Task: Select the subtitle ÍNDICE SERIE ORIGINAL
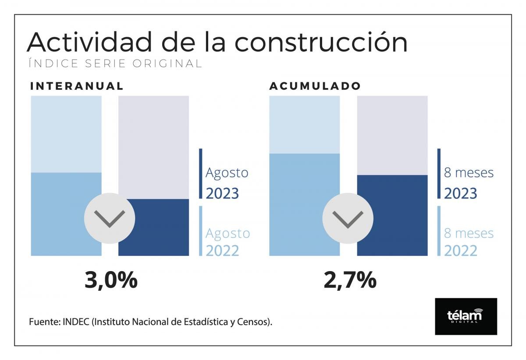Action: pyautogui.click(x=115, y=64)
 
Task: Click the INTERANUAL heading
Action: pyautogui.click(x=77, y=86)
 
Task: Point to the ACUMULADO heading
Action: pyautogui.click(x=315, y=86)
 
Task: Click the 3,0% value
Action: pyautogui.click(x=111, y=280)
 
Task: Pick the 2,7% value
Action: pyautogui.click(x=350, y=280)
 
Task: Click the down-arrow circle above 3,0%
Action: pyautogui.click(x=110, y=218)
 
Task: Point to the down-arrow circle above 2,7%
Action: pyautogui.click(x=348, y=218)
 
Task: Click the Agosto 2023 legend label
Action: pyautogui.click(x=226, y=183)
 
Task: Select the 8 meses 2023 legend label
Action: pyautogui.click(x=468, y=183)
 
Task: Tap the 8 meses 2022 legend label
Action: pyautogui.click(x=468, y=242)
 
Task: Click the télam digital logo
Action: pyautogui.click(x=466, y=316)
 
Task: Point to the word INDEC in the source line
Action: pyautogui.click(x=76, y=322)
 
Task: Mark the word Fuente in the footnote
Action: pyautogui.click(x=44, y=322)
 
